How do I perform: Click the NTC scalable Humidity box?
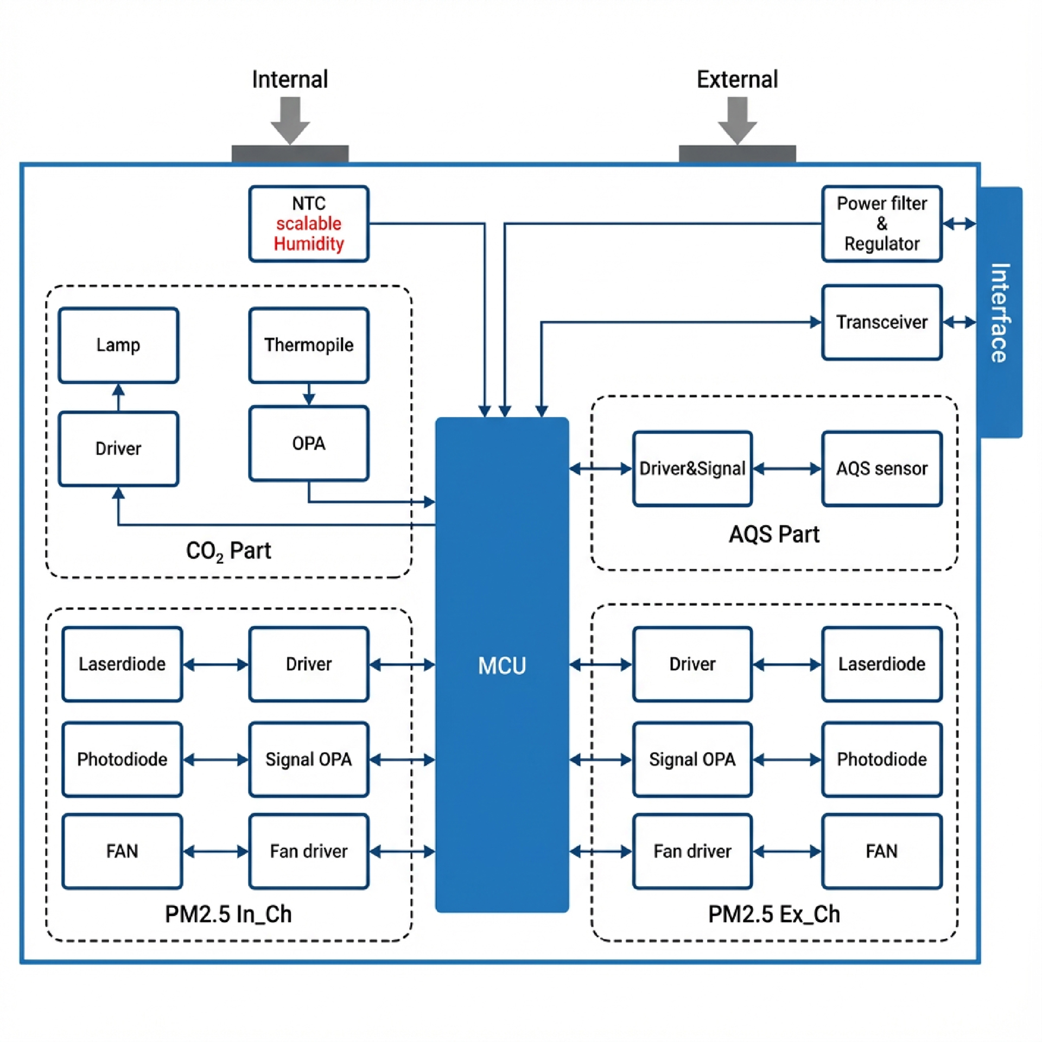(308, 224)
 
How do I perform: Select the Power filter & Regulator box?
(881, 224)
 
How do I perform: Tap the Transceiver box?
(881, 322)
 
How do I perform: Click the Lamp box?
(118, 345)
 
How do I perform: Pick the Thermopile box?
(308, 345)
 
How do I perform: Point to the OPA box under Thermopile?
(308, 443)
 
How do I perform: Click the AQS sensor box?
(881, 468)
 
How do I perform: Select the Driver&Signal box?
(692, 468)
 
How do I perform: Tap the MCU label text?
(502, 665)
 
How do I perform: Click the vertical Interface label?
(1000, 313)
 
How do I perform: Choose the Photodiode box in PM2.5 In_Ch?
(122, 759)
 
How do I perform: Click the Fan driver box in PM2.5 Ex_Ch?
(692, 851)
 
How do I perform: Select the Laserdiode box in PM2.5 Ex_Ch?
(881, 664)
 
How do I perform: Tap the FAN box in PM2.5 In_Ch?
(122, 851)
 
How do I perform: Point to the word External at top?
(737, 79)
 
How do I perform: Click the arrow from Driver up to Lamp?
(118, 397)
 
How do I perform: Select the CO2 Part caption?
(228, 551)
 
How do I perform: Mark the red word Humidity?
(308, 244)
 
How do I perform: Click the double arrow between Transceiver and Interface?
(959, 322)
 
